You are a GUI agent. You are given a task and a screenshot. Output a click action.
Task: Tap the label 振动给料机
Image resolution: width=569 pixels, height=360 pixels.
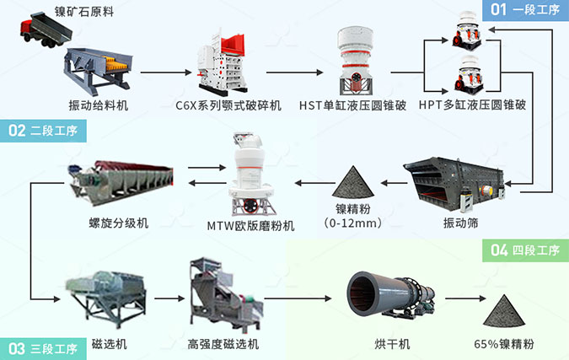tap(98, 105)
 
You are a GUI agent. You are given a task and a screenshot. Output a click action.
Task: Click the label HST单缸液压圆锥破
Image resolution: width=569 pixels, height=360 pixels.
tap(352, 105)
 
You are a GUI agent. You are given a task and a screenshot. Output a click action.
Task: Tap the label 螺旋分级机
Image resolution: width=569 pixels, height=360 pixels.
tap(120, 223)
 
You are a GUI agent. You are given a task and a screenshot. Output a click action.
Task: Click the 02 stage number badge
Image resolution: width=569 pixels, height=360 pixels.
tap(17, 131)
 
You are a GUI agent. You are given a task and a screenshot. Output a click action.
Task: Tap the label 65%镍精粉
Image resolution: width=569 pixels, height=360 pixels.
tap(510, 344)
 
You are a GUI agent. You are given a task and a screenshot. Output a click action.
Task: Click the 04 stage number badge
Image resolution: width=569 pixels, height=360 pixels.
tap(499, 250)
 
